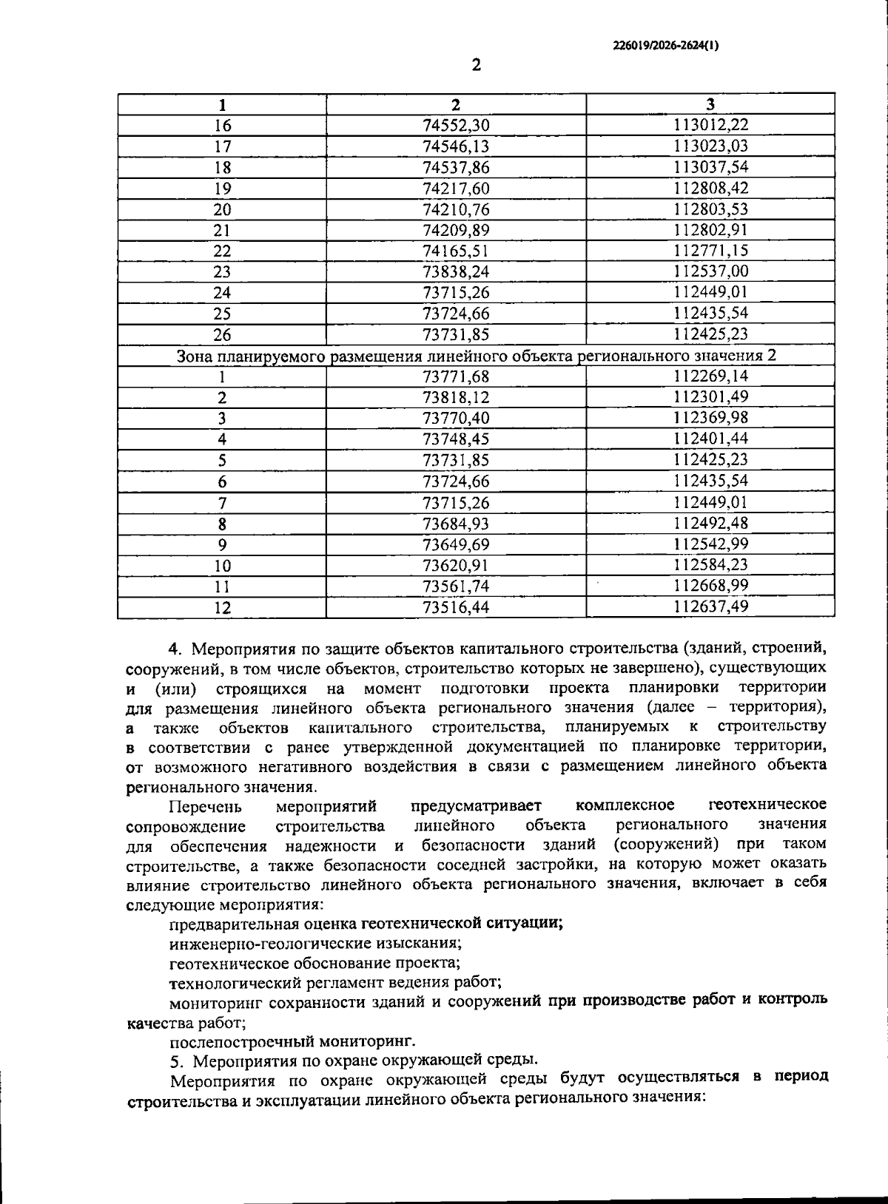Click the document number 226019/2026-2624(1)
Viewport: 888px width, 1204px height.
tap(665, 45)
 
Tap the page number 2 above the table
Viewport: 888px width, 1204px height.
tap(477, 65)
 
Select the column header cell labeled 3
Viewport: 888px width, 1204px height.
tap(710, 104)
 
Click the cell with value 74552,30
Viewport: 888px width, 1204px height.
tap(456, 125)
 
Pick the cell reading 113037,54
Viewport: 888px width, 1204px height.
tap(711, 167)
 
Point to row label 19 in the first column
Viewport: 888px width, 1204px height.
tap(222, 189)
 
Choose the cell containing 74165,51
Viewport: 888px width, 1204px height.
tap(456, 251)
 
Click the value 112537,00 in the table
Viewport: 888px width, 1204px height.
tap(711, 271)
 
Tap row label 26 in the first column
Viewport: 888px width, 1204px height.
tap(222, 335)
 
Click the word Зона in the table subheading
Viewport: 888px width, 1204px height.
tap(195, 356)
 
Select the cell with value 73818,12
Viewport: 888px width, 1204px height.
tap(456, 398)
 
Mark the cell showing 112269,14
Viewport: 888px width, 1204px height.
tap(711, 376)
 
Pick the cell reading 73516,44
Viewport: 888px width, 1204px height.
tap(456, 608)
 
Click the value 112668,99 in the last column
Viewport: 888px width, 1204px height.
tap(711, 586)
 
